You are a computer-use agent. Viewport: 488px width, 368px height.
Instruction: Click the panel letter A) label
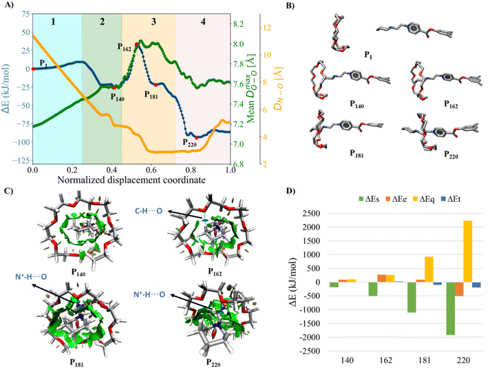pos(8,6)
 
